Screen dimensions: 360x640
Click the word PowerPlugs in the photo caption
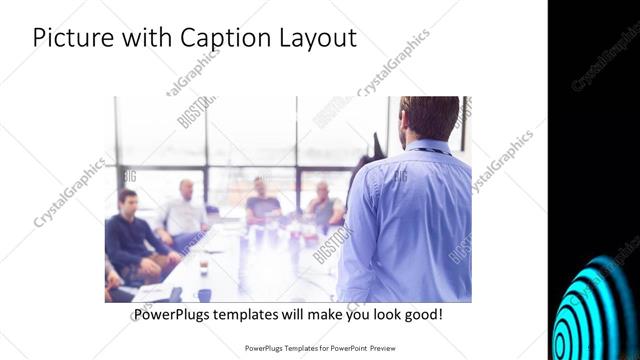pos(174,315)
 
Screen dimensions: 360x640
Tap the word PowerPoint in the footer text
pos(341,349)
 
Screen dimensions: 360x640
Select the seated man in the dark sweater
pos(129,234)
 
